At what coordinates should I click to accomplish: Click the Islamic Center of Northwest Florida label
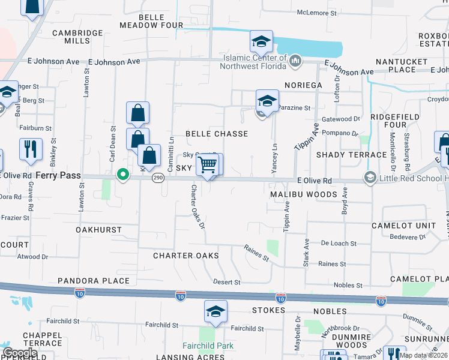point(247,61)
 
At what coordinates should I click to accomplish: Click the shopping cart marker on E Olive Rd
point(207,164)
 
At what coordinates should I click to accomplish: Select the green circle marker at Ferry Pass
point(123,175)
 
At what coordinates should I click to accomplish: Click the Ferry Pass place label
point(58,175)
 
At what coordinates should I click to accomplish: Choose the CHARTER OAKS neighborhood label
point(185,256)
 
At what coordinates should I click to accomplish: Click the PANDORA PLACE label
point(94,281)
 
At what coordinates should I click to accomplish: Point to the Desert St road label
point(227,282)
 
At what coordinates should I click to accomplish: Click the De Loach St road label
point(339,244)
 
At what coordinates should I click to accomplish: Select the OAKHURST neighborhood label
point(98,230)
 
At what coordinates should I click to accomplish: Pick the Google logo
point(20,353)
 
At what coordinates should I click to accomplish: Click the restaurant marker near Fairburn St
point(31,150)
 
